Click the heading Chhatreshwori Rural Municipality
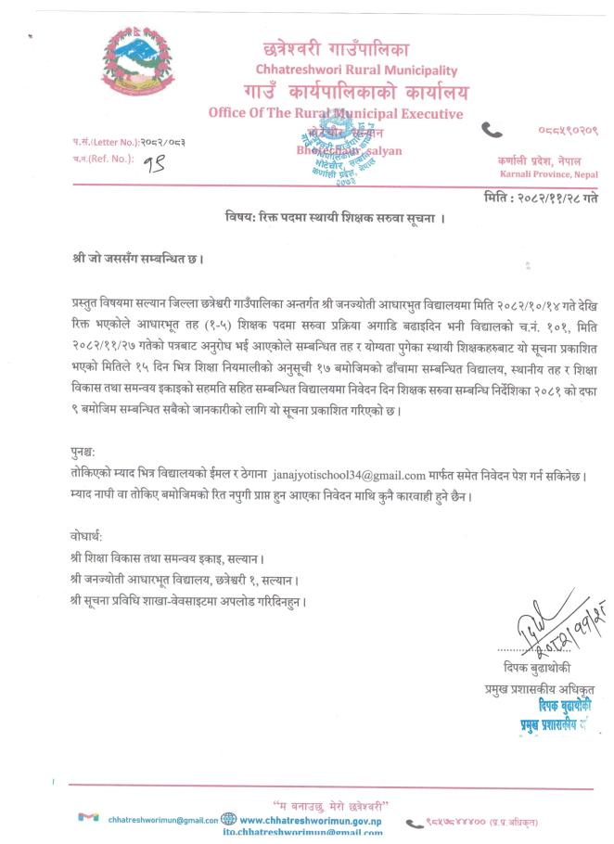pos(356,70)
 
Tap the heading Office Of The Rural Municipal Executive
pos(337,114)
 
